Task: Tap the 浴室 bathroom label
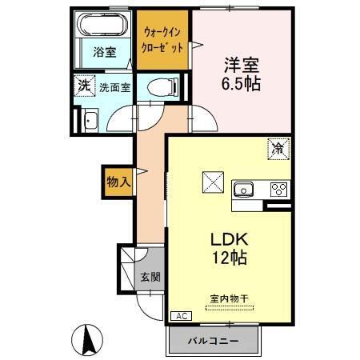102,54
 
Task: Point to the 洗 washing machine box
83,85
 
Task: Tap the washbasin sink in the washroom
89,121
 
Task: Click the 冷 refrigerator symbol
278,149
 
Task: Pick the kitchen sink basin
243,190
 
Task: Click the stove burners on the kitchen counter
278,190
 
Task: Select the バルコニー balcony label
213,341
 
